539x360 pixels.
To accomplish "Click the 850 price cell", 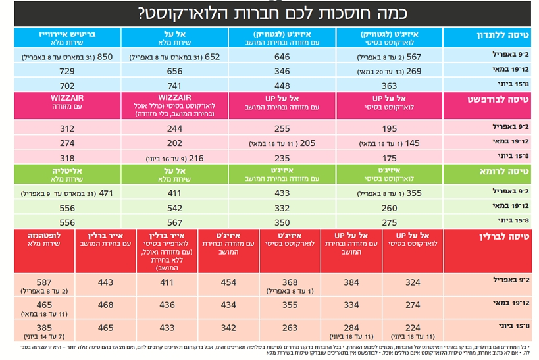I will (105, 57).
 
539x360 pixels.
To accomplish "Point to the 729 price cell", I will (67, 71).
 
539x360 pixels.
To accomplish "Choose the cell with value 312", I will (67, 129).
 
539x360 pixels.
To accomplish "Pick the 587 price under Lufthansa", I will (44, 281).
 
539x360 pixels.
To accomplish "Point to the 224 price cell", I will (413, 327).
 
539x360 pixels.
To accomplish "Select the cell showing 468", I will (105, 305).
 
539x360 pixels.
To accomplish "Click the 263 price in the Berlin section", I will (290, 327).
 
